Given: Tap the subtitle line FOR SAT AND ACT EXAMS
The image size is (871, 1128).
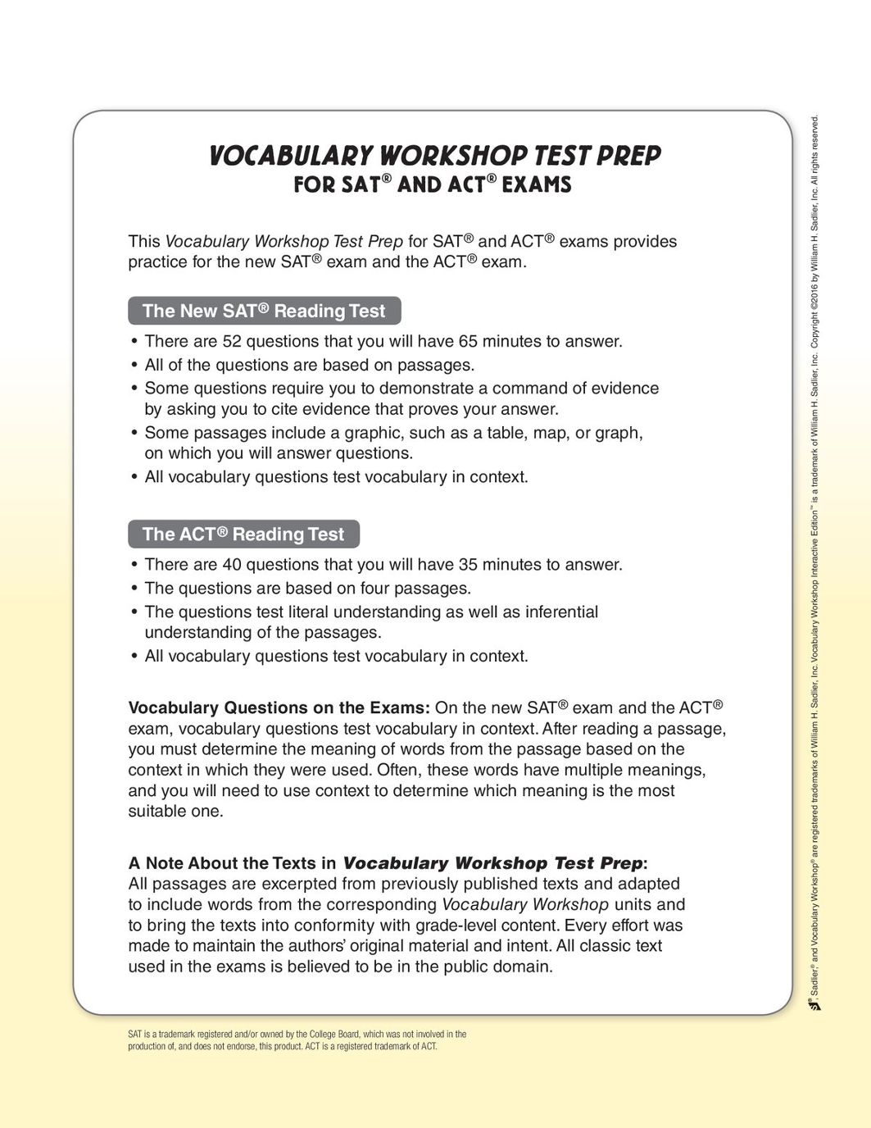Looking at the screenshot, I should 433,184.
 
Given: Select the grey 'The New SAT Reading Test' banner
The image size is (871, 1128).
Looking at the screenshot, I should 264,311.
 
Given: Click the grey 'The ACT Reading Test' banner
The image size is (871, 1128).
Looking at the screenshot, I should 243,534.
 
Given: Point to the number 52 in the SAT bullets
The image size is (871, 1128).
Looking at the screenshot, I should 232,341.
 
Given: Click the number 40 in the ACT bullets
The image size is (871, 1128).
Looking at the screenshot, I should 232,565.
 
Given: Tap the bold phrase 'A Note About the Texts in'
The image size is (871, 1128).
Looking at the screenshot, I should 232,863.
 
